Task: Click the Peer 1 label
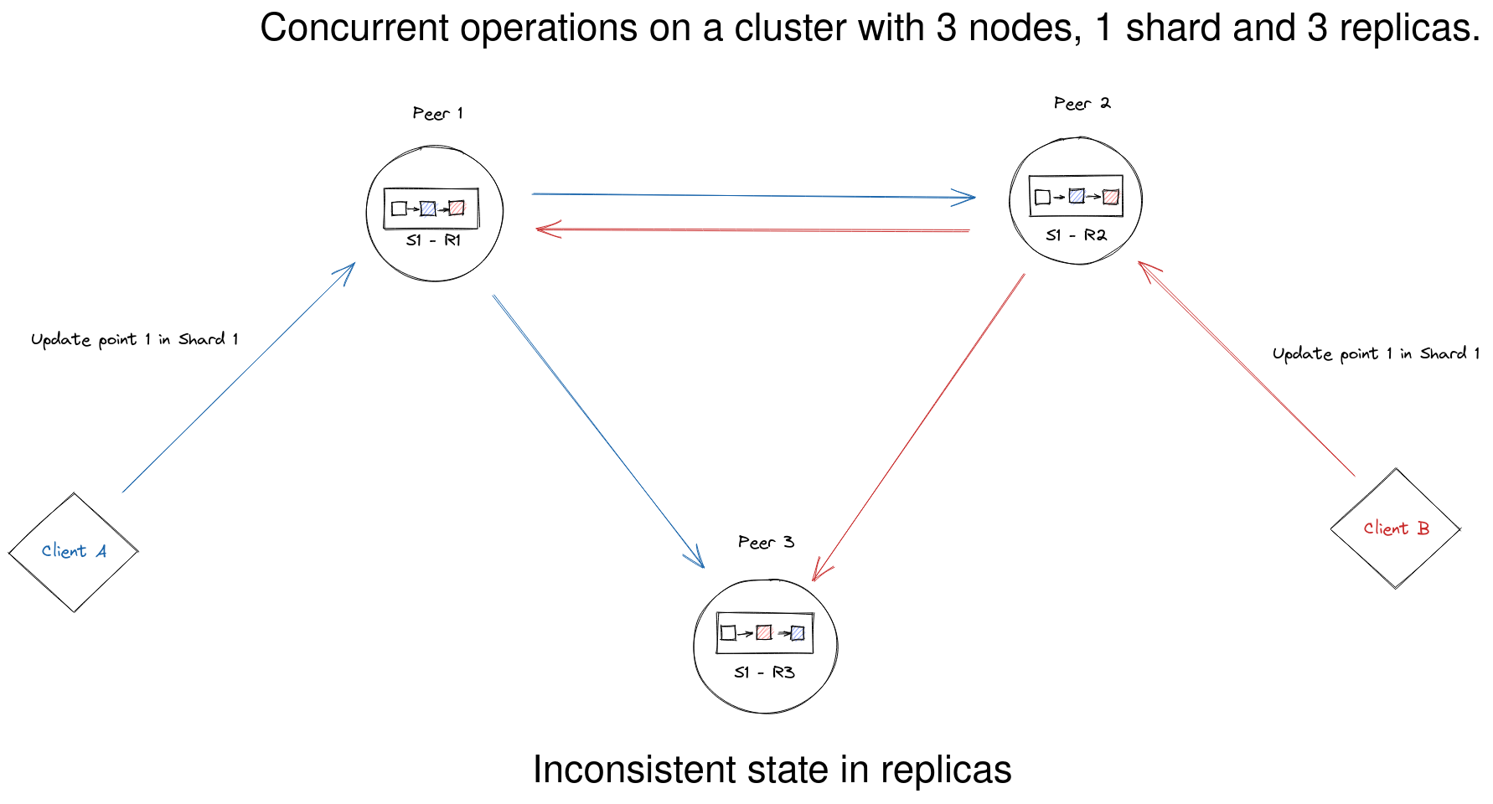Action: click(437, 113)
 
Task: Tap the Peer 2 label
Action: click(1082, 103)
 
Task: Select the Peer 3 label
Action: click(766, 542)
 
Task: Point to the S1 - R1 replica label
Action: click(433, 240)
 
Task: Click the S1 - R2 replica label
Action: click(1077, 235)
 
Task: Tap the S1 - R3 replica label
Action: click(764, 673)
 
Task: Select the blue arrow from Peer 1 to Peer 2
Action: click(754, 196)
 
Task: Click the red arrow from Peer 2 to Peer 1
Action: click(752, 229)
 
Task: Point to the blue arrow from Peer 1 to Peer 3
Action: click(598, 430)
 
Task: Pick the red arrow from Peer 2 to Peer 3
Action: click(919, 426)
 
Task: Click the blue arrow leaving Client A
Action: click(239, 378)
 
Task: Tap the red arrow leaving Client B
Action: click(1246, 368)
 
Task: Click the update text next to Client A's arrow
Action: click(135, 339)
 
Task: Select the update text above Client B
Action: click(1376, 353)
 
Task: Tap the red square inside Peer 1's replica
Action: click(457, 208)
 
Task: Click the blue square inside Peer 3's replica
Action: click(797, 633)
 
